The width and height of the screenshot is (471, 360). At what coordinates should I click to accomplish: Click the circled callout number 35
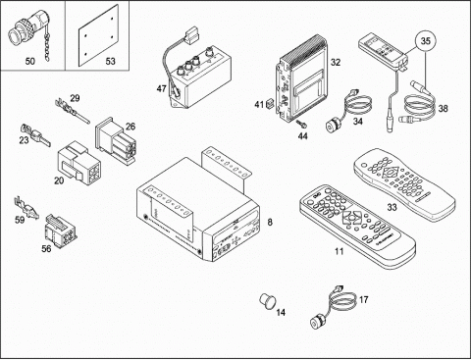pos(426,41)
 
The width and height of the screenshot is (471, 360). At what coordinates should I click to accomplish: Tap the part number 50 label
pos(30,61)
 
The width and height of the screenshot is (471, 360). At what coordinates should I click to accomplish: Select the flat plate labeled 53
pos(98,35)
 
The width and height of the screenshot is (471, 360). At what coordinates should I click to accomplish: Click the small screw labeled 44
pos(301,124)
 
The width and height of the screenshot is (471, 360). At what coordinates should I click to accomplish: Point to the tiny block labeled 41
pos(271,104)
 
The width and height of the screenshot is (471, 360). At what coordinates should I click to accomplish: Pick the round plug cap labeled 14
pos(267,300)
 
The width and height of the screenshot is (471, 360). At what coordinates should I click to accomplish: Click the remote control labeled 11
pos(357,227)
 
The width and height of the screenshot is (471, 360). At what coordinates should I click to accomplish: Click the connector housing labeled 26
pos(115,141)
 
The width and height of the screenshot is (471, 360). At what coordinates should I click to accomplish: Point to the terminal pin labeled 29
pos(72,111)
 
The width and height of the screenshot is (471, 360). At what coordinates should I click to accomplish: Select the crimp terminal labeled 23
pos(35,135)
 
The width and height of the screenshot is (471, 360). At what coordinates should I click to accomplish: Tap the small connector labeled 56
pos(61,231)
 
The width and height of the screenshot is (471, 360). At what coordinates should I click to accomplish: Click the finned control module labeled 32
pos(302,78)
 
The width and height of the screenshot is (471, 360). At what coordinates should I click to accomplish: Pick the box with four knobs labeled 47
pos(199,77)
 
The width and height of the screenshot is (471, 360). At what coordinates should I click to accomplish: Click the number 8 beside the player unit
pos(270,223)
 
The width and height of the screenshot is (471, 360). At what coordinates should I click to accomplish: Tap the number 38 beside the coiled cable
pos(443,108)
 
